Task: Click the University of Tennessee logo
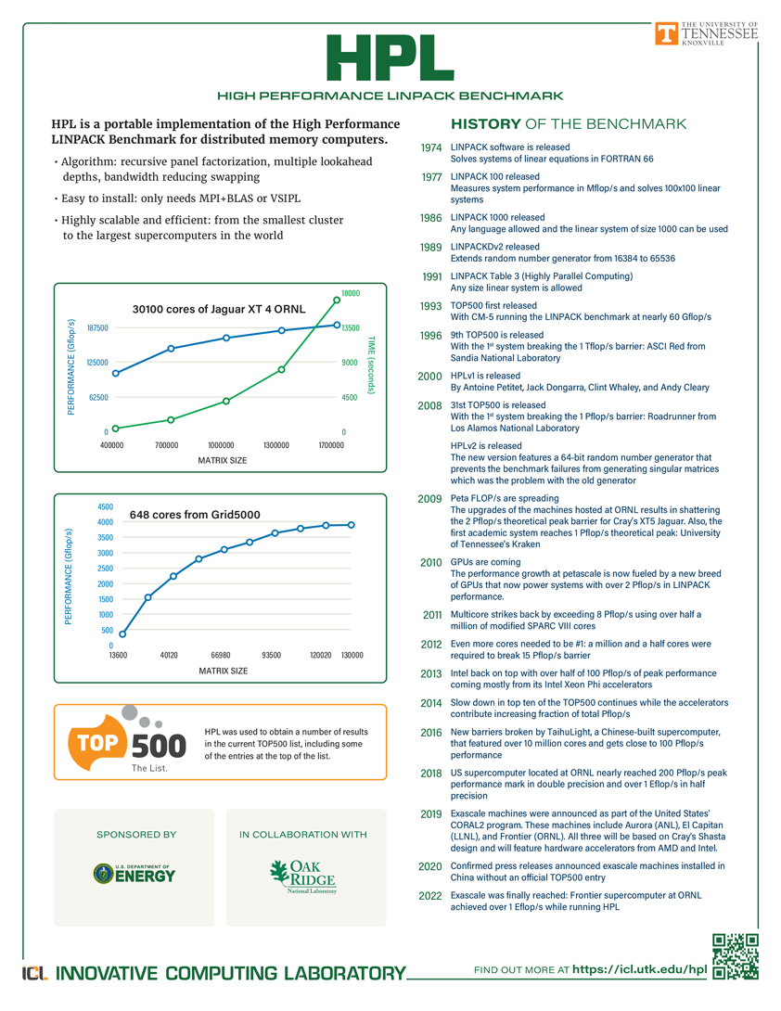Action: (x=707, y=33)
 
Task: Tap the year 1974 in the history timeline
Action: (x=431, y=147)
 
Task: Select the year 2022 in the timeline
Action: (x=431, y=896)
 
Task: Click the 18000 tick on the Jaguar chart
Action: (x=352, y=293)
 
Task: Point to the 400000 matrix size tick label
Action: (x=111, y=445)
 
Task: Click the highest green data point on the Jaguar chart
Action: (x=337, y=299)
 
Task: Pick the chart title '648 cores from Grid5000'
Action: (x=195, y=515)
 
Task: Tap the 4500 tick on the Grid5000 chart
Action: (x=105, y=507)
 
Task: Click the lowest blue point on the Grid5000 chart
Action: (x=122, y=634)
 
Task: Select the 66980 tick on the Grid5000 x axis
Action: (x=220, y=655)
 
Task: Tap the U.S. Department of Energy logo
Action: (x=134, y=873)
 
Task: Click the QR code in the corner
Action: (x=736, y=956)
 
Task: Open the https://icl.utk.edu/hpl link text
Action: (x=640, y=969)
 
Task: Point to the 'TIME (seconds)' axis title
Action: (x=370, y=365)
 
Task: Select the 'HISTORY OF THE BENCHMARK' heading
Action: (x=568, y=124)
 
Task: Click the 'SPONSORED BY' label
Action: (x=136, y=835)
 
